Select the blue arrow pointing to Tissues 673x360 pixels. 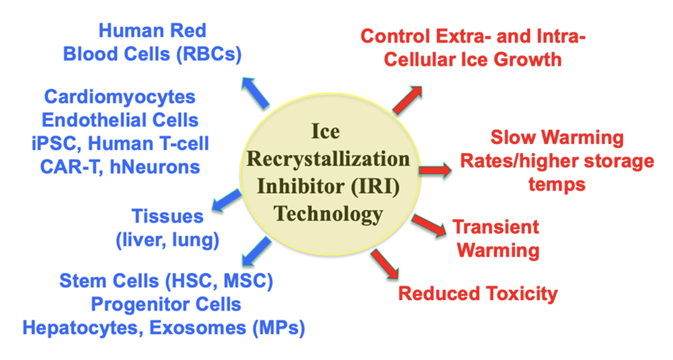[x=227, y=200]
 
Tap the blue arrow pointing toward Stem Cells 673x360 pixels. [x=256, y=251]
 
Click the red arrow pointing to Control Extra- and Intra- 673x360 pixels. [x=407, y=100]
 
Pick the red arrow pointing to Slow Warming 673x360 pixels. [x=435, y=170]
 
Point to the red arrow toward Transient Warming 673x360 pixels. [x=429, y=225]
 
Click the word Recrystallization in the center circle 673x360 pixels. [x=328, y=160]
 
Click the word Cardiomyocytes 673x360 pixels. [x=120, y=97]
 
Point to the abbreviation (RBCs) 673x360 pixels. [x=209, y=54]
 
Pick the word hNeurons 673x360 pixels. [x=155, y=167]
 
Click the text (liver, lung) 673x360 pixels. [x=167, y=240]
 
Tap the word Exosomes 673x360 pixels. [x=198, y=328]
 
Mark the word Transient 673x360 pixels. [x=495, y=227]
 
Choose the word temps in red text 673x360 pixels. [x=556, y=185]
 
